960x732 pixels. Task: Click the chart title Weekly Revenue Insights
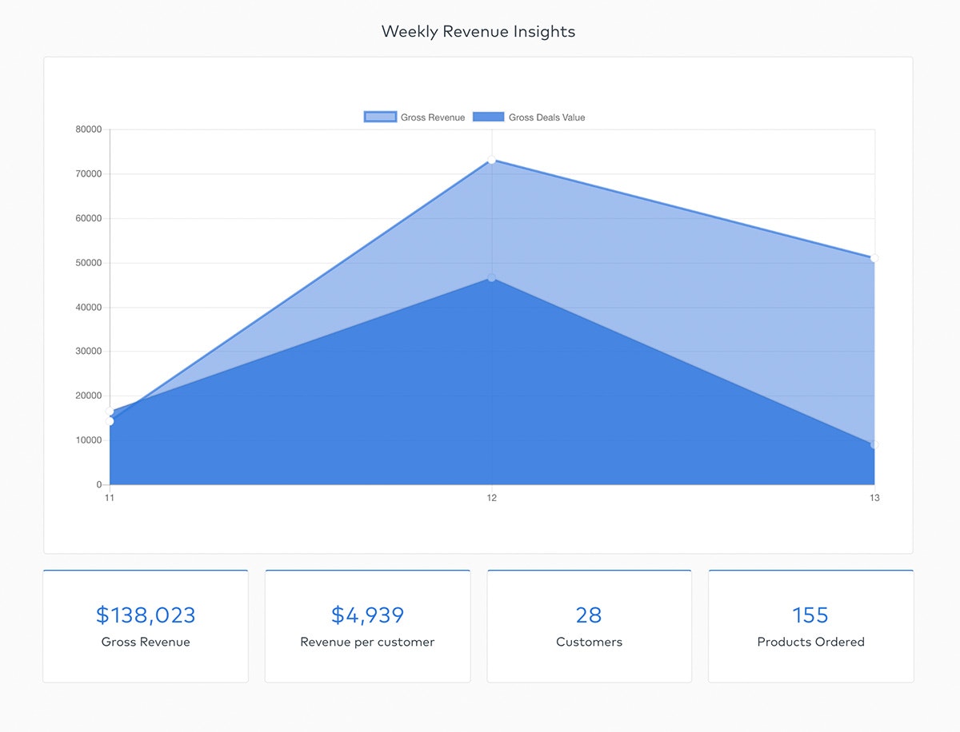coord(478,32)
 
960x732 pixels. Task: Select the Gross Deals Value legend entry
coord(530,117)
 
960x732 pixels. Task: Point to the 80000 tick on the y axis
coord(88,129)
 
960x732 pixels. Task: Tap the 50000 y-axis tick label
coord(88,263)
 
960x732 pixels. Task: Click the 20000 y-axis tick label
coord(88,396)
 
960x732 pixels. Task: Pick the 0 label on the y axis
coord(98,485)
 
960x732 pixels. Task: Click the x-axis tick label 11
coord(110,498)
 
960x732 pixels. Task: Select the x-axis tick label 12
coord(492,498)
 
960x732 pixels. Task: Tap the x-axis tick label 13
coord(874,498)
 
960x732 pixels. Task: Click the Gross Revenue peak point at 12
coord(492,161)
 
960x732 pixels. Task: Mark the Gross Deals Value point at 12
coord(492,278)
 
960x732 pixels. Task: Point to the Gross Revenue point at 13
coord(874,258)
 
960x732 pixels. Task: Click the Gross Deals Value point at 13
coord(874,444)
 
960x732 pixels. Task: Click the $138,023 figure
coord(146,615)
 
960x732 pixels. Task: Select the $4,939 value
coord(367,615)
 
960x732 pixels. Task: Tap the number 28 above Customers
coord(589,615)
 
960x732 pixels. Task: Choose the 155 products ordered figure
coord(810,615)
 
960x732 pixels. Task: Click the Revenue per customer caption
coord(367,642)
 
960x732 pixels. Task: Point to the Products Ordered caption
coord(810,642)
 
